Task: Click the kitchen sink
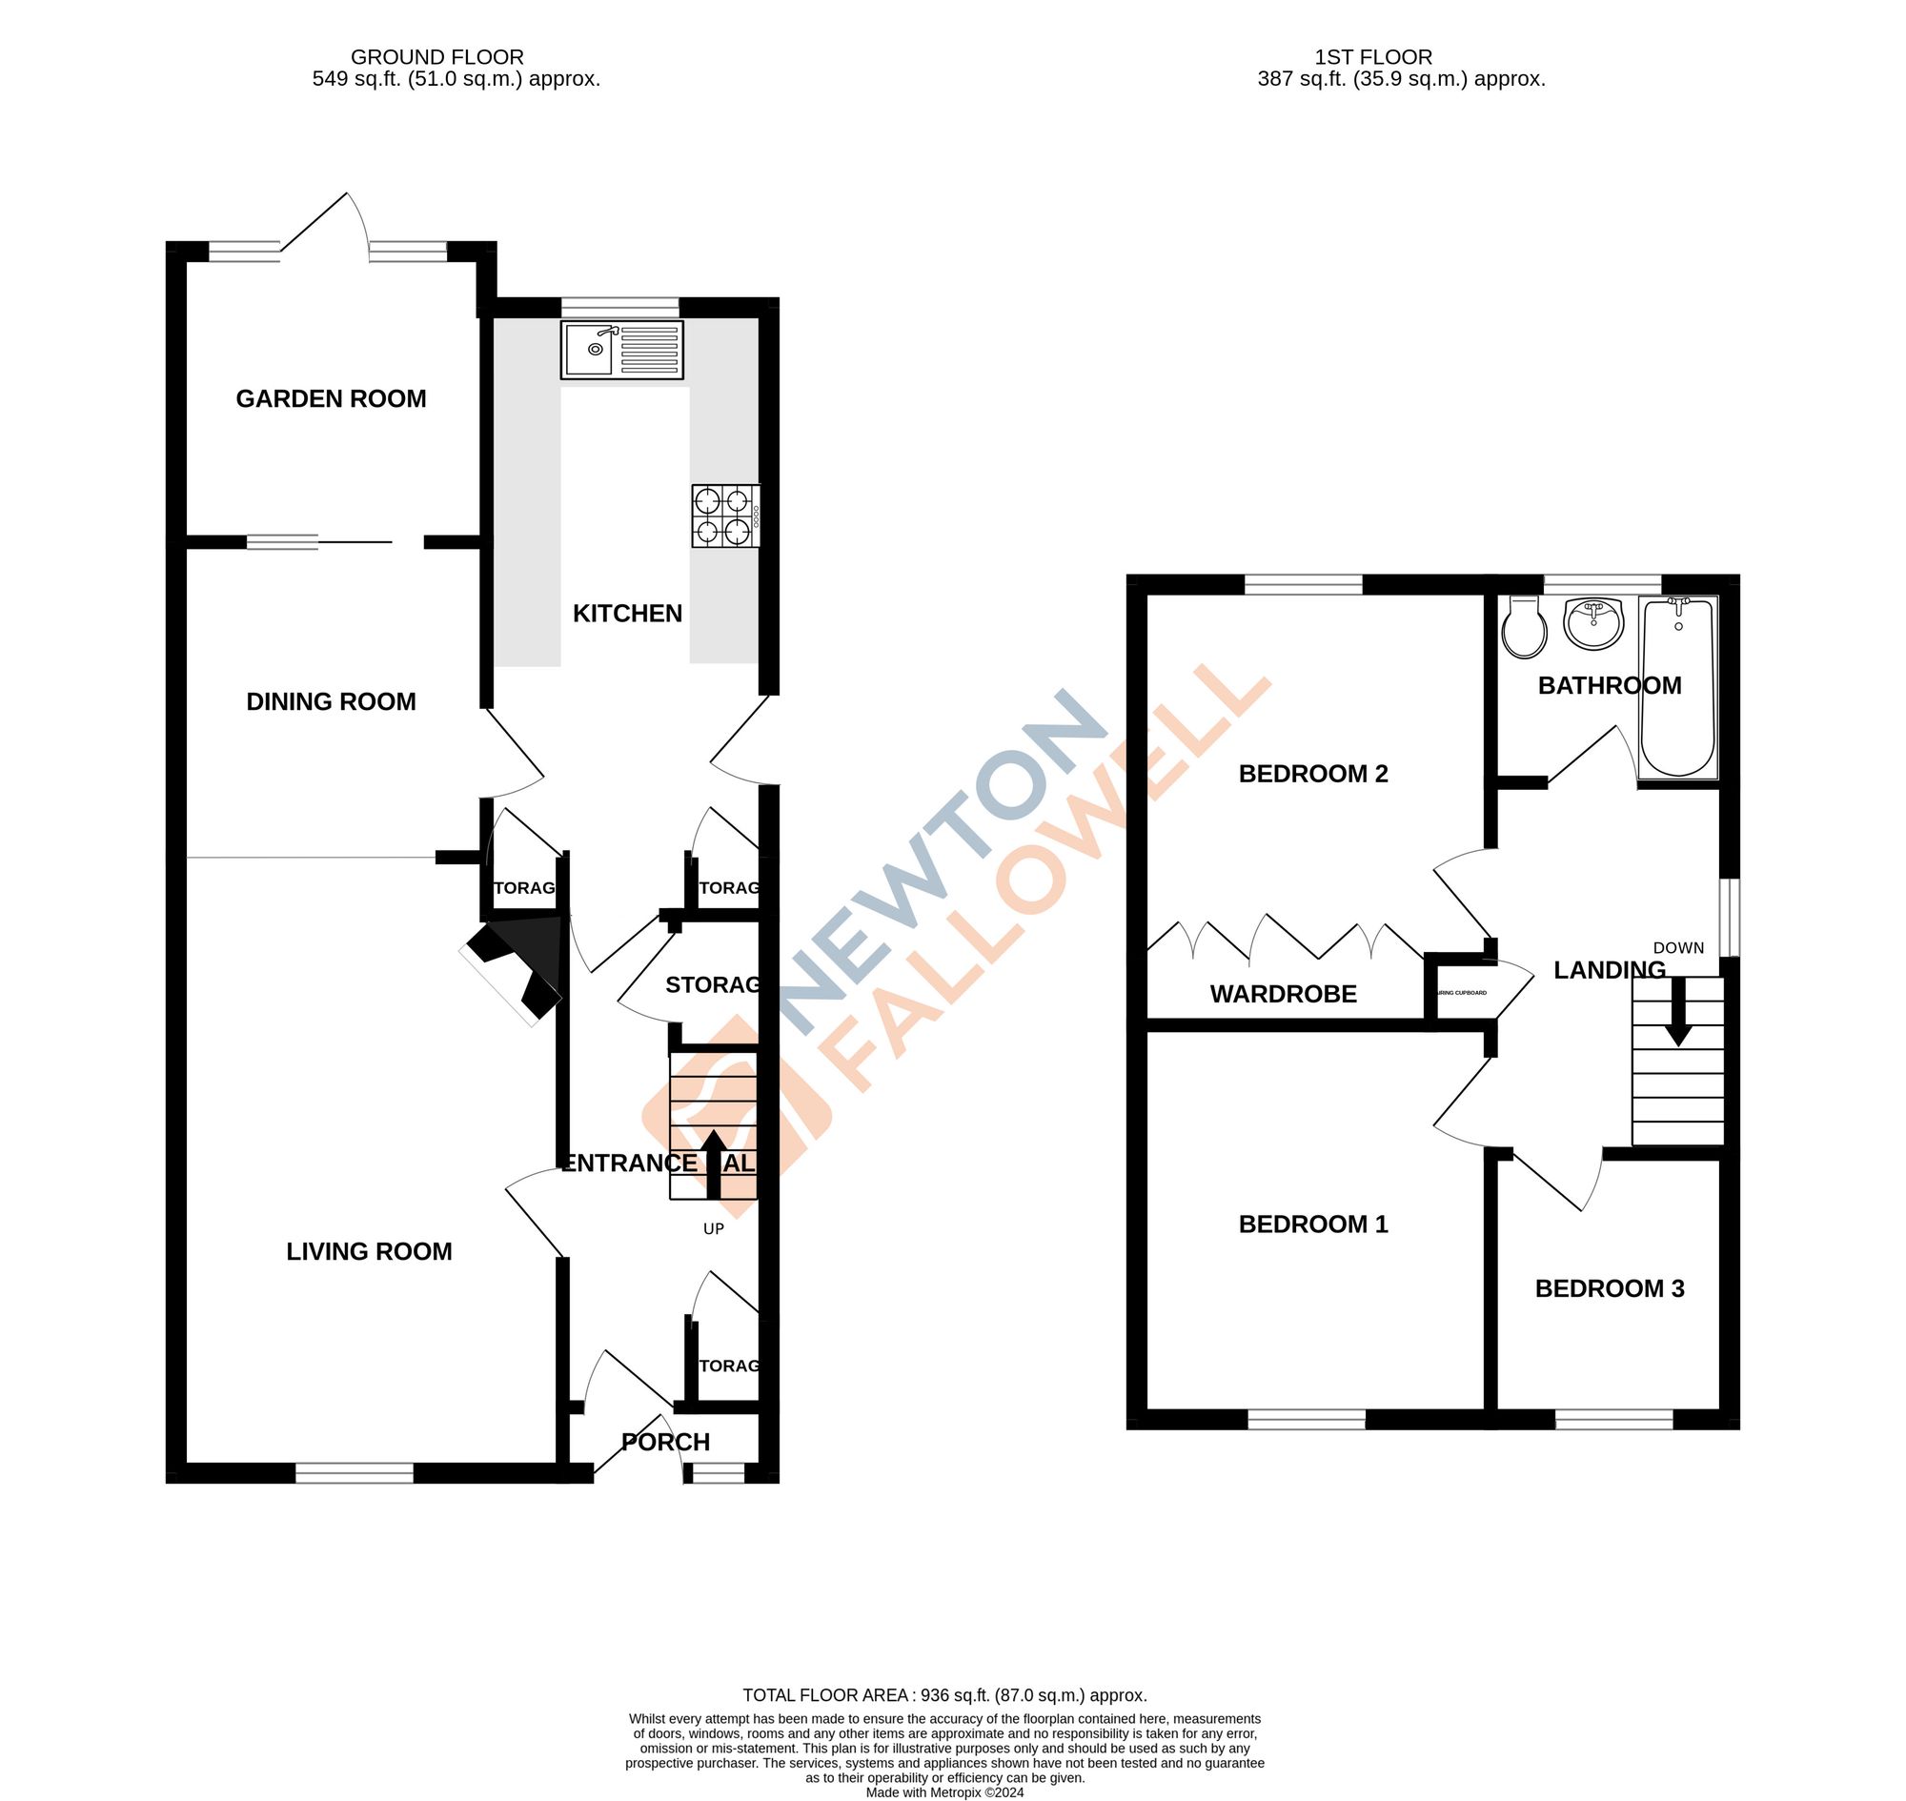click(621, 350)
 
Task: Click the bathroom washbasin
click(1593, 623)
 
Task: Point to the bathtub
click(1678, 685)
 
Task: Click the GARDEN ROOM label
click(332, 398)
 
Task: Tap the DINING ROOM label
click(332, 701)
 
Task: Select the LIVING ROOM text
click(369, 1251)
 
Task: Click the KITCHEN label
click(627, 614)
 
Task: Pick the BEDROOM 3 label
click(1610, 1288)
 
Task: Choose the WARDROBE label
click(1283, 994)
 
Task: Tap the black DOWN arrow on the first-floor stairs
click(1677, 1012)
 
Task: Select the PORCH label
click(665, 1442)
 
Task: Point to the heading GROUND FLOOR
click(436, 57)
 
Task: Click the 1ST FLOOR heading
click(1373, 57)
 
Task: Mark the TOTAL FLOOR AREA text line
click(944, 1695)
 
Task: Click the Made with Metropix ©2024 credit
click(944, 1792)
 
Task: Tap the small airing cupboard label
click(1462, 993)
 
